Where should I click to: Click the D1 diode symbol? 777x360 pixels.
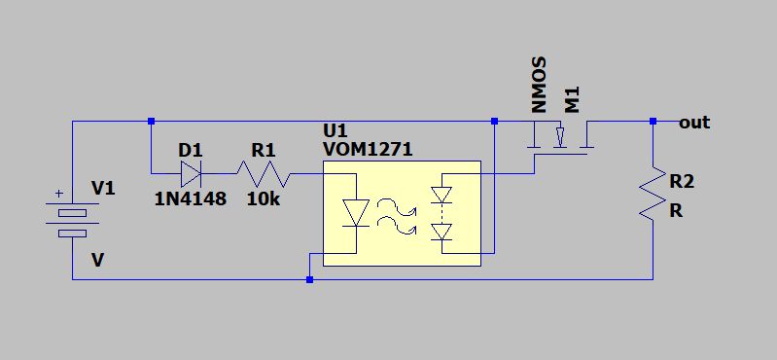pos(192,173)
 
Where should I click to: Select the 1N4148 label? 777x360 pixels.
pos(191,198)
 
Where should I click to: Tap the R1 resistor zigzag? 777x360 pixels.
pos(264,173)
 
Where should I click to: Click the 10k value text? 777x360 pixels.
pos(264,198)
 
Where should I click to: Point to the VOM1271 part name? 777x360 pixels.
pos(368,149)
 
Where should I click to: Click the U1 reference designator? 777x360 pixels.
pos(336,131)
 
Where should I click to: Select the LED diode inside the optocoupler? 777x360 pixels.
pos(356,213)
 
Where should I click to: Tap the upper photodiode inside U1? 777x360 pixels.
pos(441,195)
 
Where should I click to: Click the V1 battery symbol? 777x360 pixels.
pos(72,220)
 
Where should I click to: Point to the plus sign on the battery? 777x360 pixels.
pos(59,194)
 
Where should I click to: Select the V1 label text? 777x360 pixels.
pos(103,189)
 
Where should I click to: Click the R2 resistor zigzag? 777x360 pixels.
pos(653,194)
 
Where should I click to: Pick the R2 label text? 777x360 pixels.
pos(682,182)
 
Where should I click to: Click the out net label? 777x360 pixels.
pos(694,123)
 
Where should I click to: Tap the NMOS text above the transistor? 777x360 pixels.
pos(538,85)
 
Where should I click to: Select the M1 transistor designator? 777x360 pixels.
pos(572,100)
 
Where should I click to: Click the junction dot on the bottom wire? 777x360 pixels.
pos(309,279)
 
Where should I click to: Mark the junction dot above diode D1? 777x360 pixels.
pos(152,121)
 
